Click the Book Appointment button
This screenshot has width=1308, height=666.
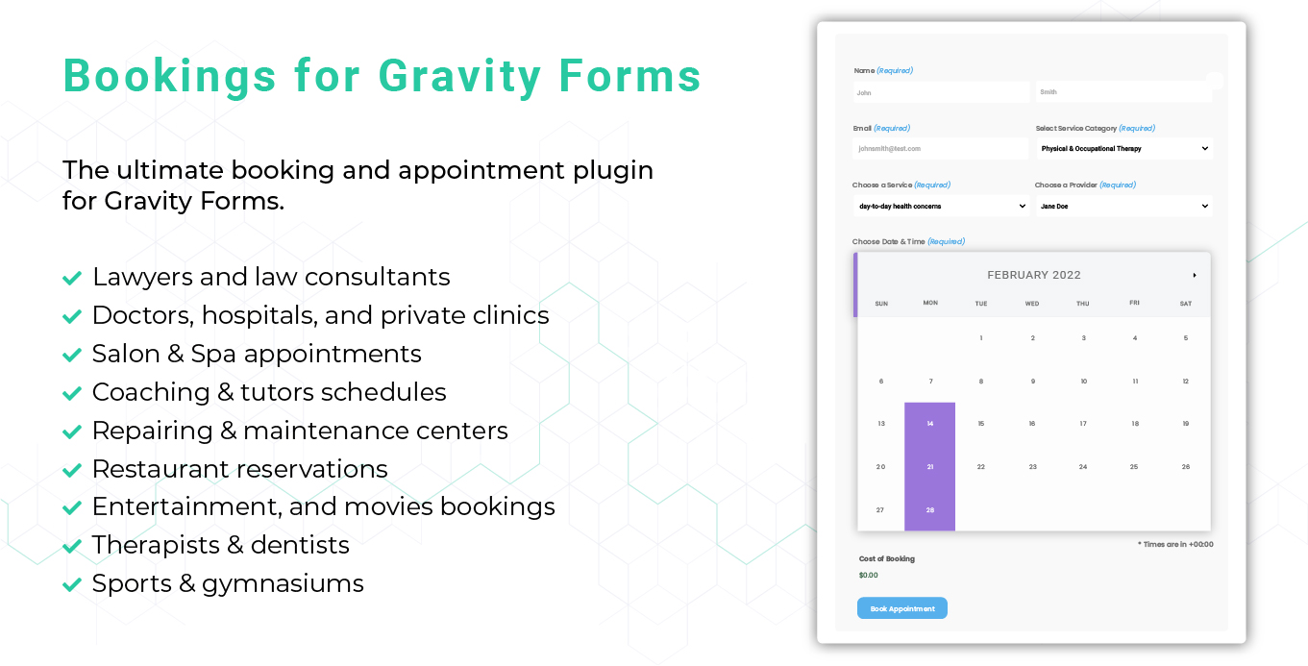tap(901, 608)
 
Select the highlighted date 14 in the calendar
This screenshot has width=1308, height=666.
tap(929, 424)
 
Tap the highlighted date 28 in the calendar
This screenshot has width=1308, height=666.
tap(929, 510)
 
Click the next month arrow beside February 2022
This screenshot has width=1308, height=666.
tap(1195, 276)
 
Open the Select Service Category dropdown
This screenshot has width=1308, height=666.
tap(1123, 149)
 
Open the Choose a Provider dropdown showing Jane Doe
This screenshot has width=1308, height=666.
tap(1123, 207)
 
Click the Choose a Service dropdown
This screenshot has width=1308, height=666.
tap(941, 207)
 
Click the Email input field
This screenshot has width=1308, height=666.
tap(940, 149)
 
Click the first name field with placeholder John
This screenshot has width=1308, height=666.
tap(940, 92)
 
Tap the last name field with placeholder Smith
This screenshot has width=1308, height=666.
tap(1123, 92)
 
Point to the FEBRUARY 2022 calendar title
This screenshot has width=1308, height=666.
tap(1034, 276)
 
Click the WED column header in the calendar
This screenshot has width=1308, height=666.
tap(1031, 304)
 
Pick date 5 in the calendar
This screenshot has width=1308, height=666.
tap(1185, 338)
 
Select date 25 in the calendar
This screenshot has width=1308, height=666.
tap(1134, 467)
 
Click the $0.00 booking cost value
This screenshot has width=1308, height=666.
tap(869, 576)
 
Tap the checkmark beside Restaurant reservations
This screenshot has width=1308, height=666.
tap(72, 470)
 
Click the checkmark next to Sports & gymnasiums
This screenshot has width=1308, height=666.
tap(72, 584)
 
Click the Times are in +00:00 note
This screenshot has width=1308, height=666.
tap(1175, 544)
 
